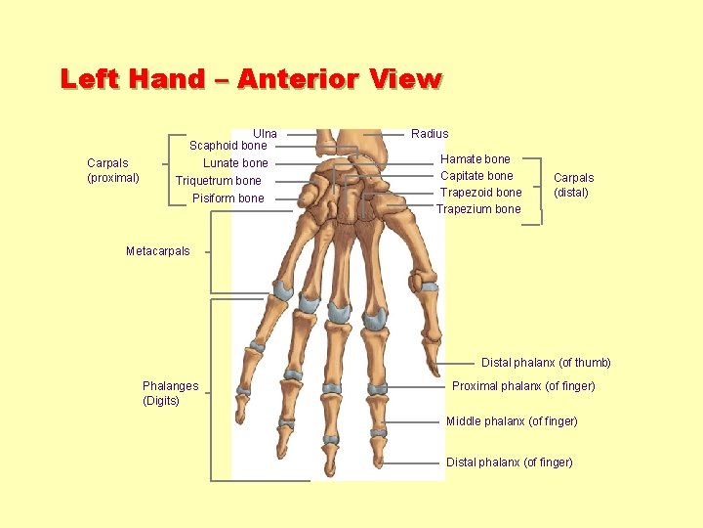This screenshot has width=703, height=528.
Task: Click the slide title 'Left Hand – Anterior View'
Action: tap(251, 79)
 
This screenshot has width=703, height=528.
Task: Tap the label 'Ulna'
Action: tap(265, 133)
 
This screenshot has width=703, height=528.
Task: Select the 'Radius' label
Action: tap(430, 133)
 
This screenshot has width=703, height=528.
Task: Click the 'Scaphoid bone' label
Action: tap(227, 146)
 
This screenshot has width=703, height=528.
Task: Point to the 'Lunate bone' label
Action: tap(235, 163)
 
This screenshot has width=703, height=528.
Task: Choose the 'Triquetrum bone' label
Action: tap(219, 181)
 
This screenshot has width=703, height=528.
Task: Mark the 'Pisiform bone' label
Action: tap(227, 198)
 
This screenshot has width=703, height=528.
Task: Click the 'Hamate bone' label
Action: tap(476, 158)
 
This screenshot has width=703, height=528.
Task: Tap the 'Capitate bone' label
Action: tap(476, 176)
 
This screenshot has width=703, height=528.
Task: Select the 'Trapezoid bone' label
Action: tap(480, 193)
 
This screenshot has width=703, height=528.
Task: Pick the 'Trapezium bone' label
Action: tap(478, 209)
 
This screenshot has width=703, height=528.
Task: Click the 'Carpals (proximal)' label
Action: tap(113, 170)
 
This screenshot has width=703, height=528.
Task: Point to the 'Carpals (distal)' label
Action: tap(573, 185)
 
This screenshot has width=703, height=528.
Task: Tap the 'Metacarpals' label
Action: tap(158, 251)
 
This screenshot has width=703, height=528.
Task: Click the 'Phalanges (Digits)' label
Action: tap(170, 393)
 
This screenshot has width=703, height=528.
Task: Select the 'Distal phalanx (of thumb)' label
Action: tap(546, 363)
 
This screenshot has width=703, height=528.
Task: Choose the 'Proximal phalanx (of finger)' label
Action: tap(523, 386)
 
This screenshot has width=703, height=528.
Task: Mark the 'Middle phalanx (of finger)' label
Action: tap(512, 421)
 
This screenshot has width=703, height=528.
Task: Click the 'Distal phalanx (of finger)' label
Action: tap(510, 462)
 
